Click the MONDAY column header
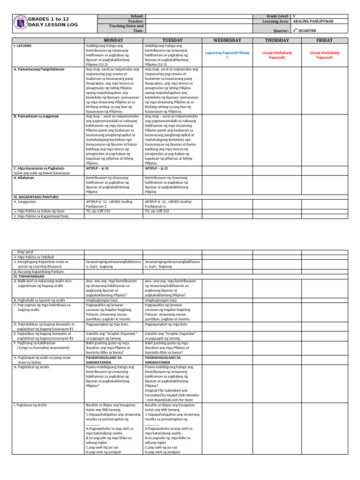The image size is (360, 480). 112,40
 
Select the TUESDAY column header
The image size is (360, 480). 172,40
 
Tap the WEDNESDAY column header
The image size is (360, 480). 227,40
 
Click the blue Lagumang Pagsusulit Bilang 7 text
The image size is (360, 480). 227,55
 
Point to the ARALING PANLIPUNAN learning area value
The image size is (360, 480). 311,22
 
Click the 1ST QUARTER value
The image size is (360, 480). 307,30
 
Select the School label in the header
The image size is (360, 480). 137,16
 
